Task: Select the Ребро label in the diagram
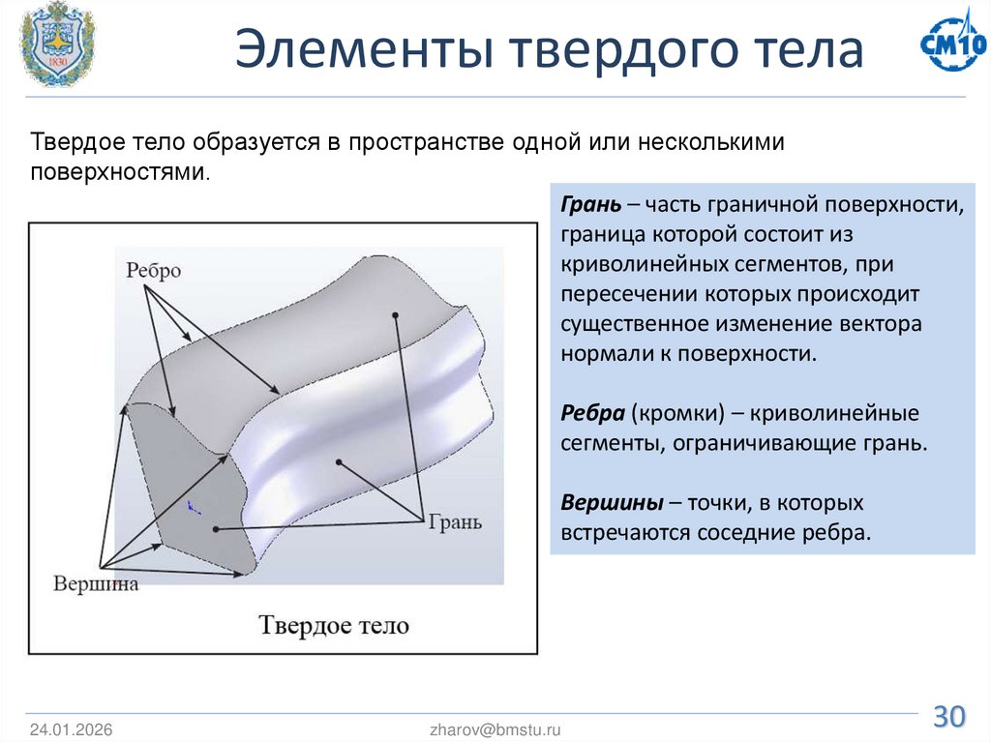pos(153,271)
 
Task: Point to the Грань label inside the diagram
pos(453,521)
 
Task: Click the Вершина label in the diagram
pos(96,583)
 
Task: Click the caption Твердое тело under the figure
pos(334,625)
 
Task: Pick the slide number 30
pos(948,717)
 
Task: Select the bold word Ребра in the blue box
pos(591,414)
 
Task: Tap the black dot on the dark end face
pos(215,529)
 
